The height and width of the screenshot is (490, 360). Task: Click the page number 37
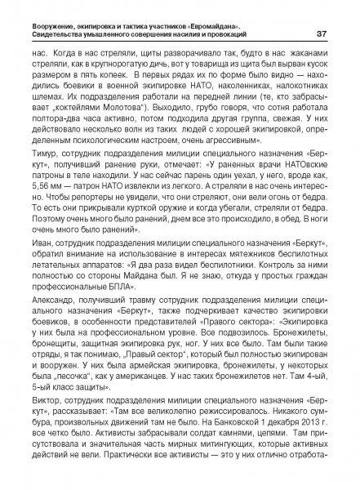coord(324,33)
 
